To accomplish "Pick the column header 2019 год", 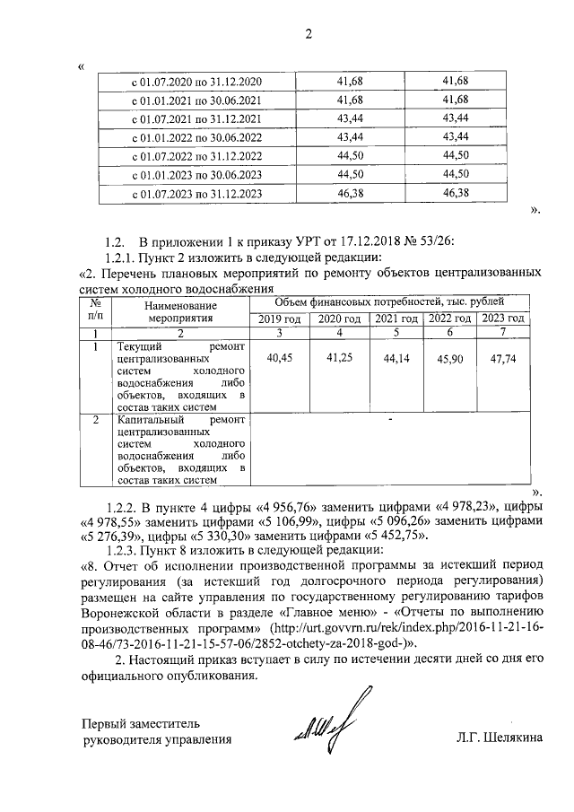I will (x=280, y=319).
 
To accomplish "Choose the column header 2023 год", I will (x=501, y=319).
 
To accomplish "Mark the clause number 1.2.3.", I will (x=120, y=550).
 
